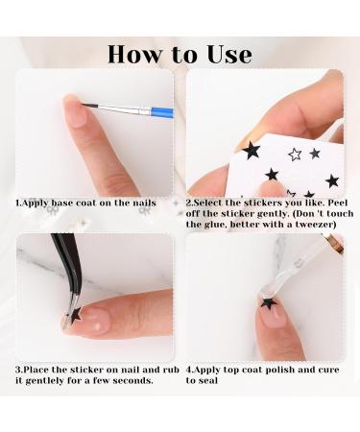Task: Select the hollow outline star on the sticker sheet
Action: [295, 154]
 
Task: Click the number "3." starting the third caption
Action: [19, 369]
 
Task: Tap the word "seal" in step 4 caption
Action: [208, 380]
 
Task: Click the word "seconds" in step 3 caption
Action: [134, 380]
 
